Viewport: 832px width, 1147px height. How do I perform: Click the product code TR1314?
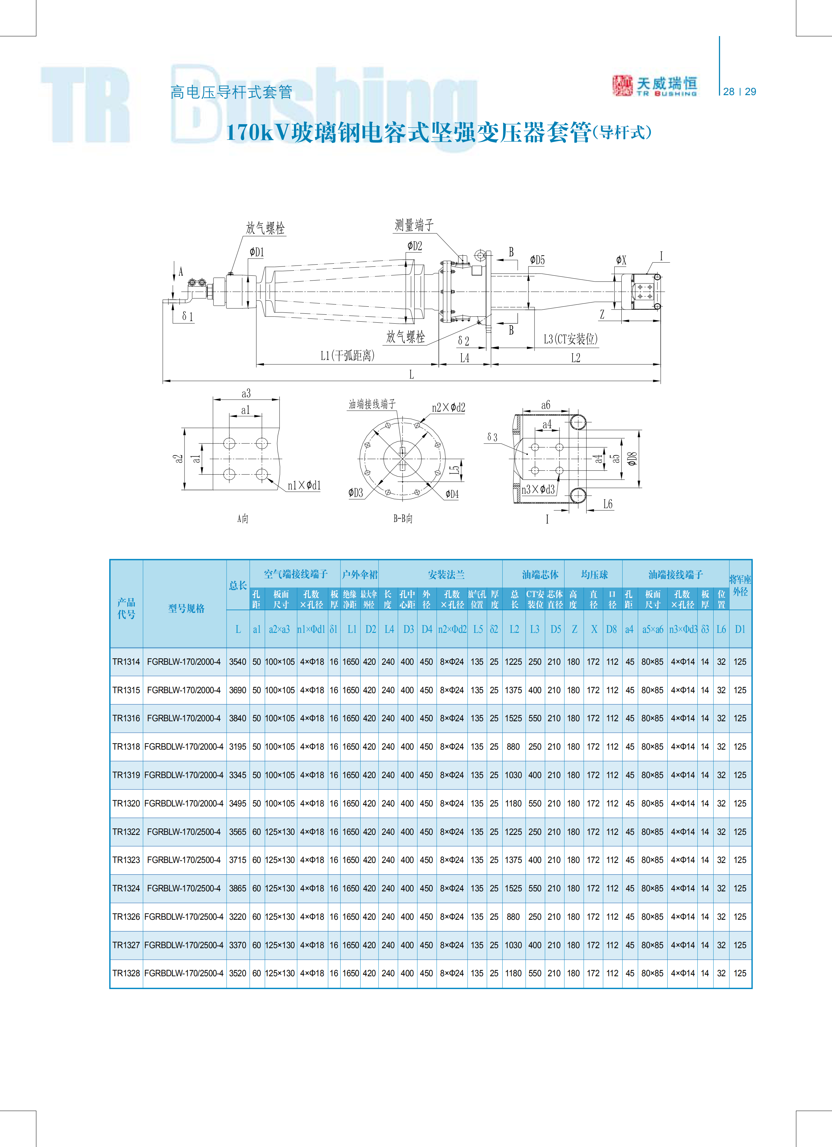click(126, 662)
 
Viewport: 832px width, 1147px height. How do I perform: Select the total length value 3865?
click(238, 888)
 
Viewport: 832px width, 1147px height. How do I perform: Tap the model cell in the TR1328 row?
click(184, 973)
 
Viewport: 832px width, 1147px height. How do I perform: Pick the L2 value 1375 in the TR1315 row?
click(513, 690)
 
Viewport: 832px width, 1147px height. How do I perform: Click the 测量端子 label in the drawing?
click(414, 225)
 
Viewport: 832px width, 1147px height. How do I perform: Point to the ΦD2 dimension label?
click(415, 246)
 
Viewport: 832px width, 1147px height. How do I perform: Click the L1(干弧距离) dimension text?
click(348, 356)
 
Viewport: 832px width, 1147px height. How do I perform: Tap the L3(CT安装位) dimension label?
click(571, 339)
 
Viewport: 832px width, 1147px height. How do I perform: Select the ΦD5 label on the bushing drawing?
click(537, 260)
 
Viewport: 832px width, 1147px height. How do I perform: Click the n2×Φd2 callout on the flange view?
click(449, 407)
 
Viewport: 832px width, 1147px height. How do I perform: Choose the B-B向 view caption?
click(403, 518)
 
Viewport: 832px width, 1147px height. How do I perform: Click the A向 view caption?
click(243, 518)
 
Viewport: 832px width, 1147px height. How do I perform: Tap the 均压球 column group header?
click(594, 574)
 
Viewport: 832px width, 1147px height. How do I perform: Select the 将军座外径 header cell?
click(740, 585)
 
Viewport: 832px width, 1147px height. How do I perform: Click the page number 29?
click(751, 92)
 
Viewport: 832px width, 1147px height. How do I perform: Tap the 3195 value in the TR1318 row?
click(238, 746)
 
